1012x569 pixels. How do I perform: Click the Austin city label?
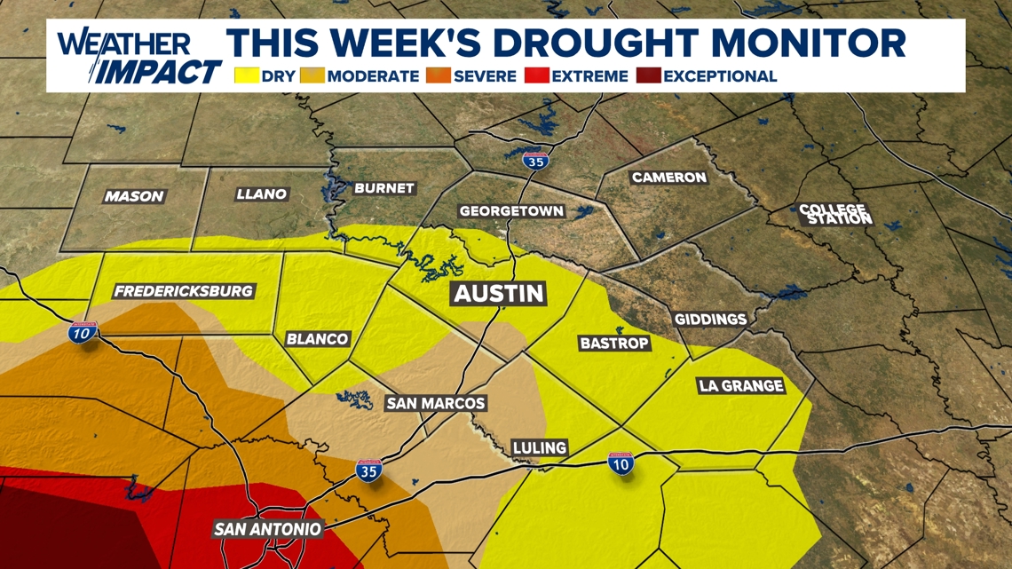pyautogui.click(x=500, y=294)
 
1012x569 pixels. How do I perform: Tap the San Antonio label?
pyautogui.click(x=267, y=529)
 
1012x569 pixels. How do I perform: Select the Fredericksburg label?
pyautogui.click(x=184, y=291)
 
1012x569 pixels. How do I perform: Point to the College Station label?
pyautogui.click(x=834, y=214)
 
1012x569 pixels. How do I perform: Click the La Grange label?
pyautogui.click(x=740, y=385)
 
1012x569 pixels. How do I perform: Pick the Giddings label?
pyautogui.click(x=710, y=319)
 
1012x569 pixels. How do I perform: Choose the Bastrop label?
pyautogui.click(x=614, y=343)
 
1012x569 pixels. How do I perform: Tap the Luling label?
pyautogui.click(x=540, y=447)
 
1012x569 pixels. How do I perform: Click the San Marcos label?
pyautogui.click(x=436, y=403)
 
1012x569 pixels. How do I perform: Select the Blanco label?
pyautogui.click(x=317, y=339)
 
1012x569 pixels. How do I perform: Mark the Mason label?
pyautogui.click(x=134, y=196)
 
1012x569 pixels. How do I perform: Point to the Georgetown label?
pyautogui.click(x=511, y=211)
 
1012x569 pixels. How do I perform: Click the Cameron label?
pyautogui.click(x=668, y=178)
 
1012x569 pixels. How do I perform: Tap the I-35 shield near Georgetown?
pyautogui.click(x=534, y=161)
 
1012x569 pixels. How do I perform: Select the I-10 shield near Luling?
pyautogui.click(x=621, y=462)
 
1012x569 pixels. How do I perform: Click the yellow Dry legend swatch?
pyautogui.click(x=247, y=76)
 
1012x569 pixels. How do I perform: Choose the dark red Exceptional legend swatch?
pyautogui.click(x=648, y=76)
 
